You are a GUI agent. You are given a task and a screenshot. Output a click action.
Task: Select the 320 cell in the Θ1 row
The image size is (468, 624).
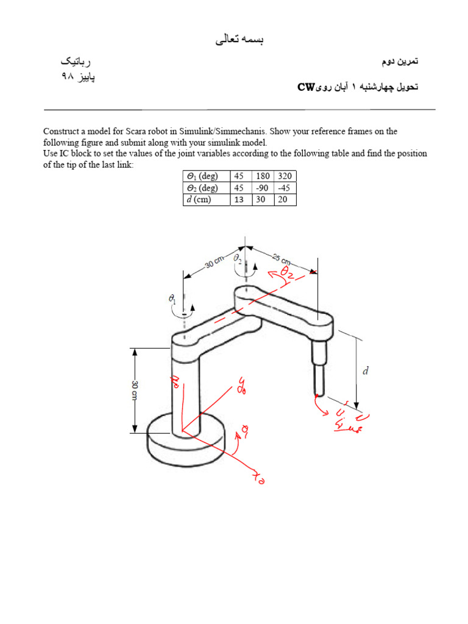(285, 176)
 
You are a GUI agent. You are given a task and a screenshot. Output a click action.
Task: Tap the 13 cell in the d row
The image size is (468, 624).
(239, 200)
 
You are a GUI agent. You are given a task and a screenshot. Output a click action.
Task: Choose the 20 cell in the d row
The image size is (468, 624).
(285, 200)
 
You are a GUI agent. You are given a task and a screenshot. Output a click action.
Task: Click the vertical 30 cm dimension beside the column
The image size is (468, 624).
(135, 391)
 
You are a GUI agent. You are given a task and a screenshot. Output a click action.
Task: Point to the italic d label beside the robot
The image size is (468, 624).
(366, 370)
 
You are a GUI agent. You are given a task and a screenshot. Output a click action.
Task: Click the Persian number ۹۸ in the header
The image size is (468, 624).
(65, 77)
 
